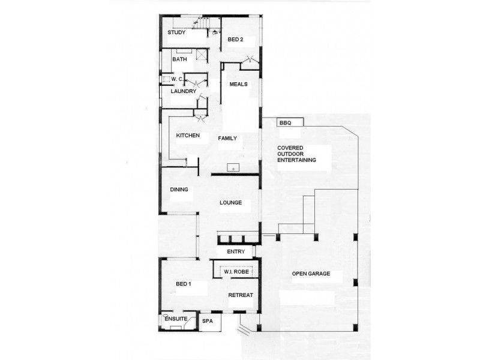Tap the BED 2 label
236,40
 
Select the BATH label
179,59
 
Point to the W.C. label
176,79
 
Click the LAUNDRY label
184,91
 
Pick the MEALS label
239,84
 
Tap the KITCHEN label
188,136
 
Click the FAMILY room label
227,138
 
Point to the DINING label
179,190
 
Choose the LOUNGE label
230,203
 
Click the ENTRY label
235,252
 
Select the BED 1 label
183,284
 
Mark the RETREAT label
241,295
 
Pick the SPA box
208,322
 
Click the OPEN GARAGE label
311,274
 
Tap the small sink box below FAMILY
233,167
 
